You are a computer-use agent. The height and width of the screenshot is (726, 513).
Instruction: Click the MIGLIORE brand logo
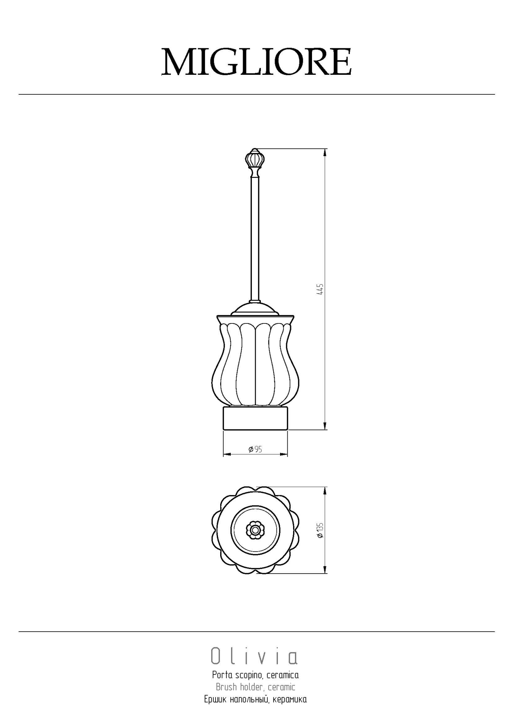coord(256,62)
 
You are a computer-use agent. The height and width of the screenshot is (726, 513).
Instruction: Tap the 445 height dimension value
coord(320,289)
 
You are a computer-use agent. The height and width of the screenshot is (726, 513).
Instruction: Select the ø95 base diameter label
coord(255,449)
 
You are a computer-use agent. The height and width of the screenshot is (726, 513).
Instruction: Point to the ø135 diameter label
coord(320,530)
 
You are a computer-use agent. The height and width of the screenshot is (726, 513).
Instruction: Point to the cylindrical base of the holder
coord(255,418)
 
